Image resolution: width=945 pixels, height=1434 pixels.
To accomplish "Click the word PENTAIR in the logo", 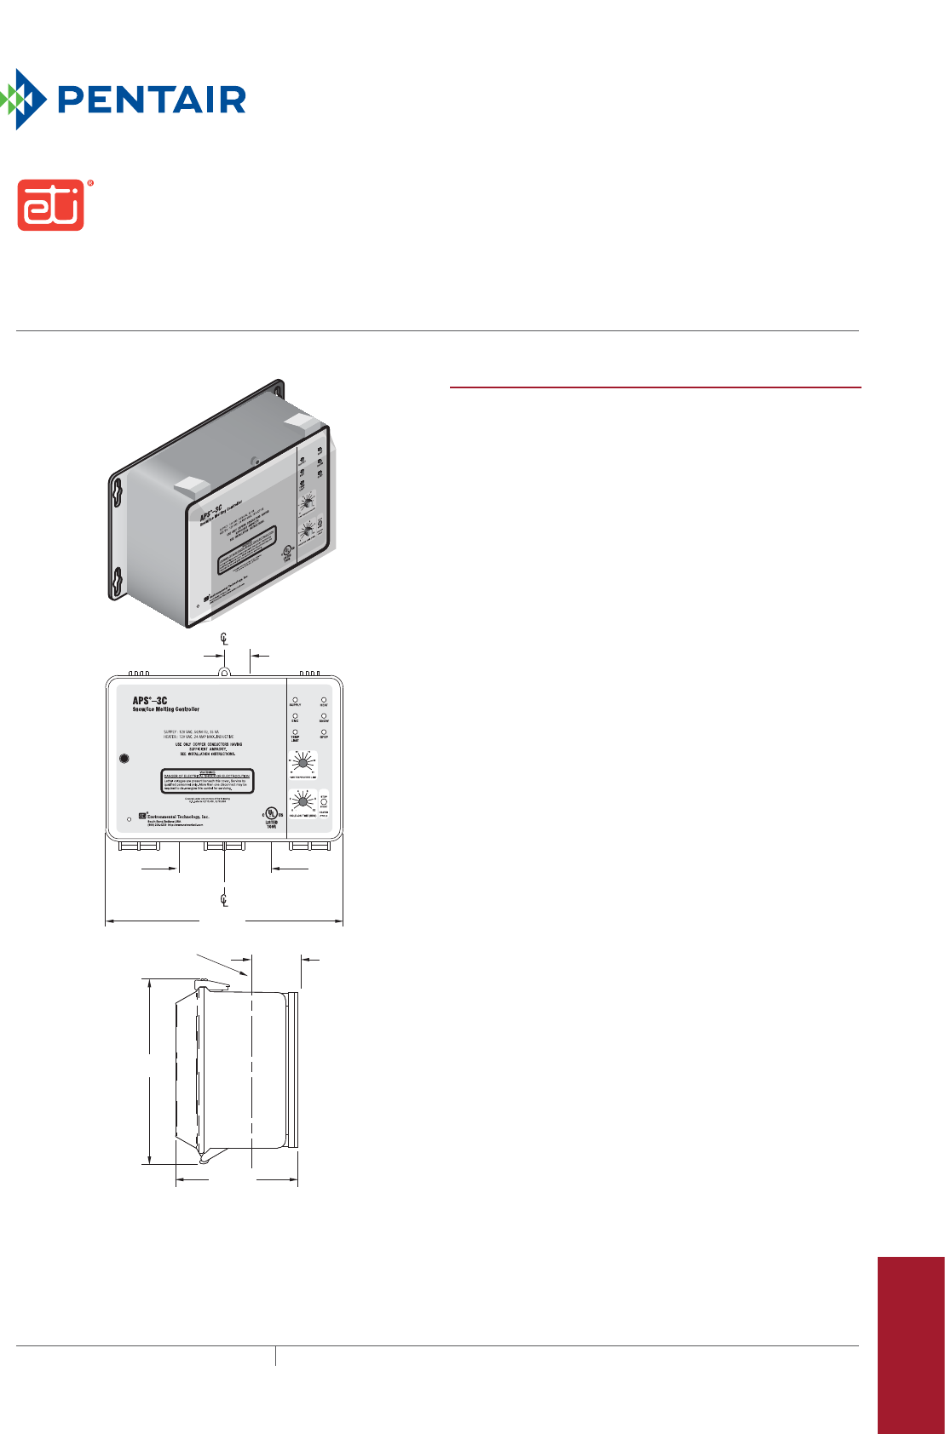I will point(152,100).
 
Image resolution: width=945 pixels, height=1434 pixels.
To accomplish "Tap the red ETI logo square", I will point(51,205).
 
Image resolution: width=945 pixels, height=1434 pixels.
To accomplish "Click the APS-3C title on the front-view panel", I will point(150,701).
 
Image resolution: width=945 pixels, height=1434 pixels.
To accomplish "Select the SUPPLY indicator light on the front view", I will point(296,700).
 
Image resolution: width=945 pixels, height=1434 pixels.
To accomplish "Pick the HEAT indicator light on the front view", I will point(324,700).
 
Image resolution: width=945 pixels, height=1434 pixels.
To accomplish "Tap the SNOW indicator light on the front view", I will point(324,716).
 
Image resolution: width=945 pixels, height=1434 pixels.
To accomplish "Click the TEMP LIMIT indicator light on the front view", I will point(296,731).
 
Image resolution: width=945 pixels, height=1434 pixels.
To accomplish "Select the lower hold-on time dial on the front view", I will point(303,800).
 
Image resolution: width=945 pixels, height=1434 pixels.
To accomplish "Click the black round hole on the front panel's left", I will point(124,759).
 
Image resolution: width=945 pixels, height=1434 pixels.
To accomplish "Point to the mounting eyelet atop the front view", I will point(224,672).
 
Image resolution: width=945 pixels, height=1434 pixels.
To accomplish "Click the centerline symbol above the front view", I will point(224,639).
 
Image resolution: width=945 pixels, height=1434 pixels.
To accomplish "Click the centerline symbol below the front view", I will point(224,898).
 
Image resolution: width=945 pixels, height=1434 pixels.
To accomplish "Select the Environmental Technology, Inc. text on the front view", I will point(178,817).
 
